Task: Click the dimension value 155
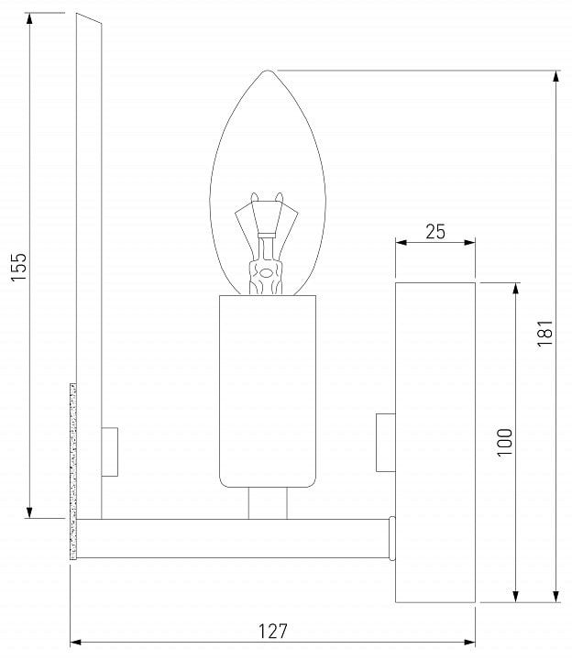[18, 268]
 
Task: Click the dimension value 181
[544, 333]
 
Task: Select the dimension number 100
[505, 443]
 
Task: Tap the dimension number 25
[435, 232]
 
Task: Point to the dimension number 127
[273, 632]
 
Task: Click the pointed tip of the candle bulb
[268, 71]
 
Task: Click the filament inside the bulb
[266, 243]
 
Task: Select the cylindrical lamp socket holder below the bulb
[268, 391]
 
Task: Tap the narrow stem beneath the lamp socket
[268, 503]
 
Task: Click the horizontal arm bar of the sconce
[233, 539]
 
